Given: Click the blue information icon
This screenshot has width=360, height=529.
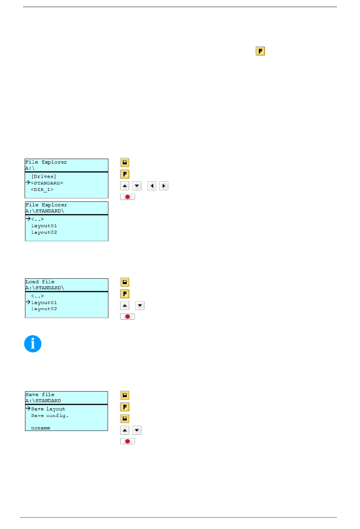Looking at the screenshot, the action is coord(33,344).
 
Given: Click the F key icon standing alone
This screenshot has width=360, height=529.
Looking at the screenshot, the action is coord(260,51).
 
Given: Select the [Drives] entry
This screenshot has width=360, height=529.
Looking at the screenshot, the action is coord(44,176).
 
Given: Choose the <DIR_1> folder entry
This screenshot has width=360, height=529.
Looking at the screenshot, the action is coord(42,189).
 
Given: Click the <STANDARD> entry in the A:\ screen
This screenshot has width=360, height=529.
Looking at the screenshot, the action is coord(47,183).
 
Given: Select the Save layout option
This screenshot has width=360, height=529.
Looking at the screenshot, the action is coord(48,409).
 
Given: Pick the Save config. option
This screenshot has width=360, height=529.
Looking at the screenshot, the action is coord(50,415).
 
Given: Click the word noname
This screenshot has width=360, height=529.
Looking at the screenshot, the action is coord(41,428).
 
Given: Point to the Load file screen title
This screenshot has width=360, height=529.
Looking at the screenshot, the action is coord(40,281).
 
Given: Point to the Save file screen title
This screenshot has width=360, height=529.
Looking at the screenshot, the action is coord(40,395).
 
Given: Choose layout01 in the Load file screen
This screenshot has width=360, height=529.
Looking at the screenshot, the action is coord(44,303).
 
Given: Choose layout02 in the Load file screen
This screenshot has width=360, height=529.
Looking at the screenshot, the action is coord(44,309).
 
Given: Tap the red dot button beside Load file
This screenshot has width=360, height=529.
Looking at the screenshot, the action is coord(127,317).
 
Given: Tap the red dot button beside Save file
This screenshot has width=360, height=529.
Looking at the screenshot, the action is coord(127,441).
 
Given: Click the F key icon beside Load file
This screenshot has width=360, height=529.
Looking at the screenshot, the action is coord(125,294).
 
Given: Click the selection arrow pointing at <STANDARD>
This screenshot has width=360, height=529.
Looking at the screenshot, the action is coord(28,182).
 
